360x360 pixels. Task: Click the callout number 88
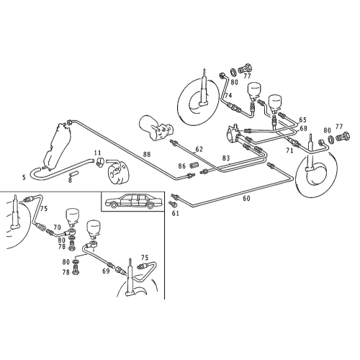146,153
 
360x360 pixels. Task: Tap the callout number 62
199,149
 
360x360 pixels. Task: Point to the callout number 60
246,198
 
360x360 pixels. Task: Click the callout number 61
175,213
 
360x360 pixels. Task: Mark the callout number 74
228,96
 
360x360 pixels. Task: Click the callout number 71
289,152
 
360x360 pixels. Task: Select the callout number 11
97,153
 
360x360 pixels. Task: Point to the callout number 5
24,176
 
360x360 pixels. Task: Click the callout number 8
71,181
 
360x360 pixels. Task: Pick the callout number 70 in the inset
58,227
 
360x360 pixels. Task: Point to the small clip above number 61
174,205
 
